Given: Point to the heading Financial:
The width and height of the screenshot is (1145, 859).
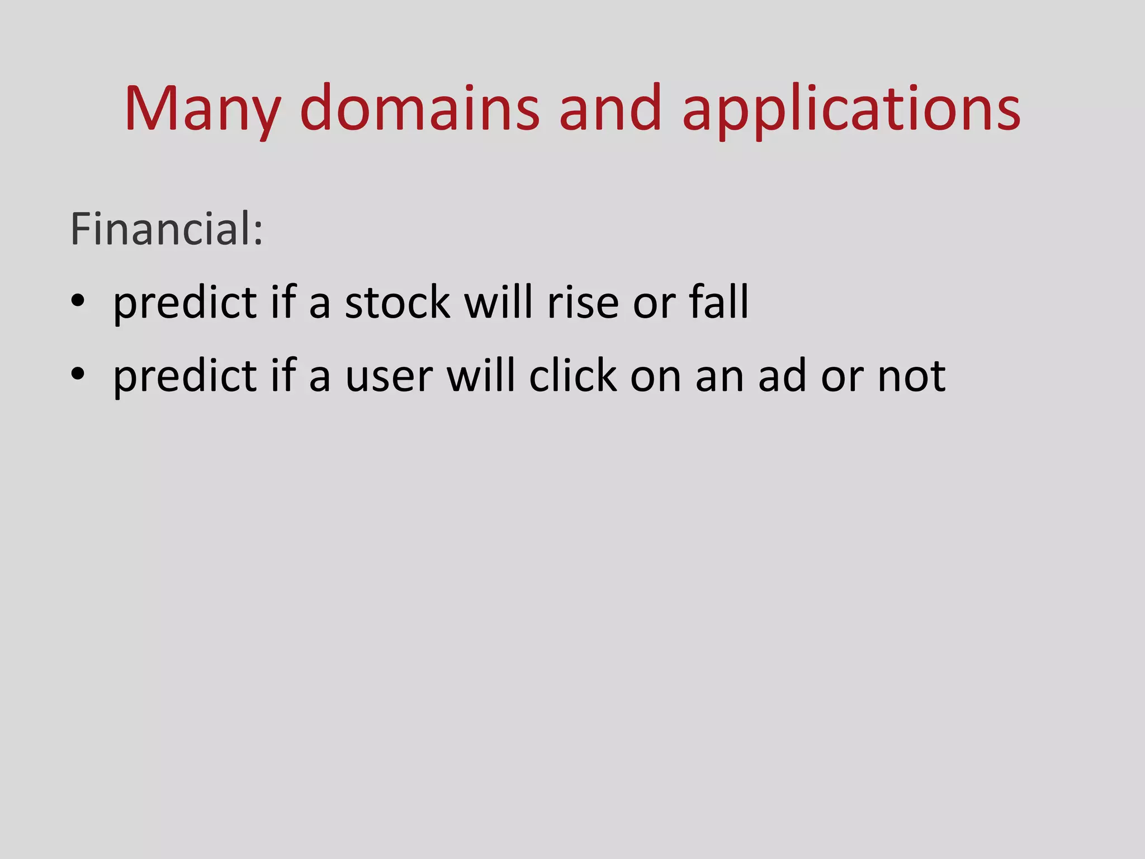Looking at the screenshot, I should (x=166, y=229).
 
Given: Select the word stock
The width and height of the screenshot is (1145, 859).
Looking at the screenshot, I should (x=397, y=302).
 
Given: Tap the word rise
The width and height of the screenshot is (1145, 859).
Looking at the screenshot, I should (x=583, y=302).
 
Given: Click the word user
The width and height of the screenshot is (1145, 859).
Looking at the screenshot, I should (x=389, y=376).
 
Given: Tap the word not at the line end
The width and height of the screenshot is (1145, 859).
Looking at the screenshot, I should (x=911, y=376).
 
